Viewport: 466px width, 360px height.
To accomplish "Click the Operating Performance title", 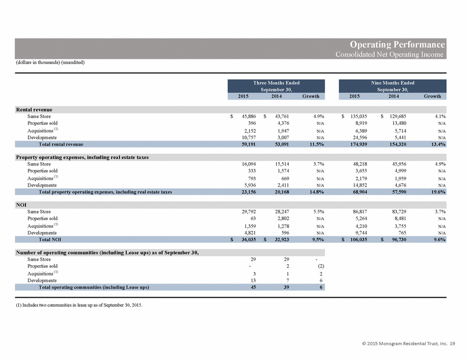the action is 397,44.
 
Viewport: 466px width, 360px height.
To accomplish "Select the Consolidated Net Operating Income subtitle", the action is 389,54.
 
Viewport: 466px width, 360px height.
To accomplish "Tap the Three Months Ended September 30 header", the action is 276,86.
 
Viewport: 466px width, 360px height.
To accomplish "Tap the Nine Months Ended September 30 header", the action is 393,86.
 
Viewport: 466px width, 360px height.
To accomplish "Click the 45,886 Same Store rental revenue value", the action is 249,116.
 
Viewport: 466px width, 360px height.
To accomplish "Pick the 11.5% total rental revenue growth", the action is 316,144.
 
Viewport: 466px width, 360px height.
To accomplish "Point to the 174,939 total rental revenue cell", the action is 358,144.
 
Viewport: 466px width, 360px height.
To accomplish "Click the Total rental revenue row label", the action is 61,144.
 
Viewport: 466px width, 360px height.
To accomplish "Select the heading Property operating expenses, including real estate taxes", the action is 82,157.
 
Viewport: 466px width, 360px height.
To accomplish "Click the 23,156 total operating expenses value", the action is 249,192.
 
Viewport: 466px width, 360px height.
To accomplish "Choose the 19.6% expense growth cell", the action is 438,192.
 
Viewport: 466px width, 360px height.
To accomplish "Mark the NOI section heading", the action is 21,205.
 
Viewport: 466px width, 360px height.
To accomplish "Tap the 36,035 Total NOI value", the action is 249,240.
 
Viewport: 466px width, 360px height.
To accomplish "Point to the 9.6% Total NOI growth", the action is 440,240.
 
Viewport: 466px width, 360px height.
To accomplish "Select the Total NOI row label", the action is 50,240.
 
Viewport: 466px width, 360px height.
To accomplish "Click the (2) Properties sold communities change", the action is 321,266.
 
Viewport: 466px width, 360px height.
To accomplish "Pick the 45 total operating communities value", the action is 253,287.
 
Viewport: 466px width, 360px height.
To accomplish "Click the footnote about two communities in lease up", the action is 79,305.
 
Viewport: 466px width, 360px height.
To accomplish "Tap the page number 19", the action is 452,344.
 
